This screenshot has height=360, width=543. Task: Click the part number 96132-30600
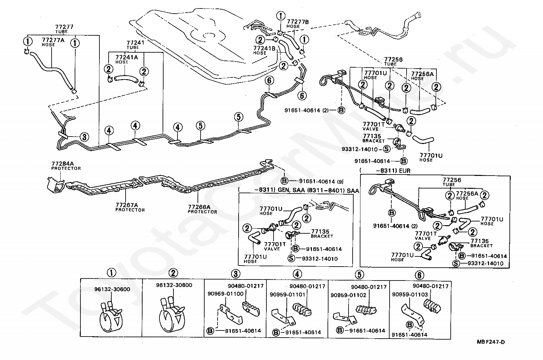click(112, 289)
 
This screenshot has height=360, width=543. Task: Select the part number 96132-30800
click(174, 285)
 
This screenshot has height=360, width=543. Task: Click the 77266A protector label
click(202, 209)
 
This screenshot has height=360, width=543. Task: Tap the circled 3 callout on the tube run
click(84, 137)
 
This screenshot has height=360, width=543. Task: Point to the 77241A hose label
click(127, 59)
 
